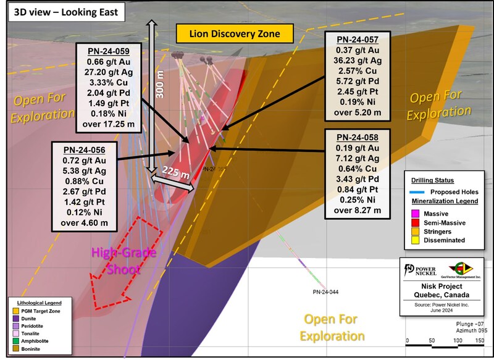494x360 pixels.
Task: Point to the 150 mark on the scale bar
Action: point(479,340)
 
